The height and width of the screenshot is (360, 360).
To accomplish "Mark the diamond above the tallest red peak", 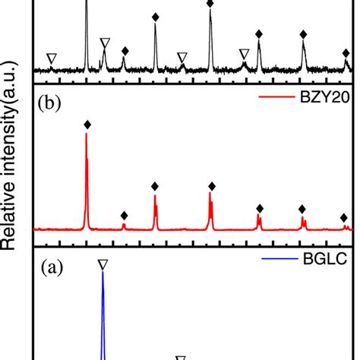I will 87,124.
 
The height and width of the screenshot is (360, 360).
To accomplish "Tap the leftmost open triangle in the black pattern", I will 51,58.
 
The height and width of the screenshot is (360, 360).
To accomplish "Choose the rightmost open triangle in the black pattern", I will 244,53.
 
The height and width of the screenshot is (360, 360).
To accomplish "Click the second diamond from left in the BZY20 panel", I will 124,215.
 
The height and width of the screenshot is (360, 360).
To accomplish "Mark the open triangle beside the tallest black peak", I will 105,41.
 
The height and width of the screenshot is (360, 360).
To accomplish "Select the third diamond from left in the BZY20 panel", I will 155,186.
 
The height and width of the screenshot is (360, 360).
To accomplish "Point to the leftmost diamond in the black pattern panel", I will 125,51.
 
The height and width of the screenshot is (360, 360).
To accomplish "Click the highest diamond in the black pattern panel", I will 210,4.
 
